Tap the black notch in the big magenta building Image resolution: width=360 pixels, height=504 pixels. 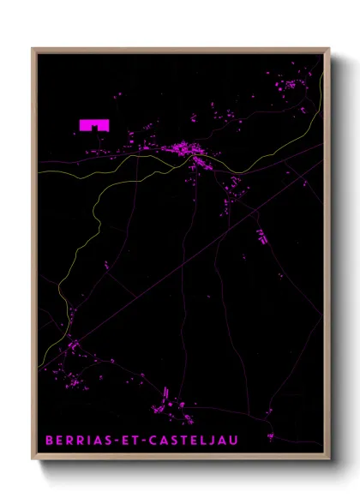[x=95, y=128]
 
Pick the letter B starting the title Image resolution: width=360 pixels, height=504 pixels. [x=49, y=441]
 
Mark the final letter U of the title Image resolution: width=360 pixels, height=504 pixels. [x=235, y=441]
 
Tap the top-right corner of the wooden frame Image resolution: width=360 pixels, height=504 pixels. [x=328, y=49]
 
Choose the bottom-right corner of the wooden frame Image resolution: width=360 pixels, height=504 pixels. [x=328, y=460]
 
